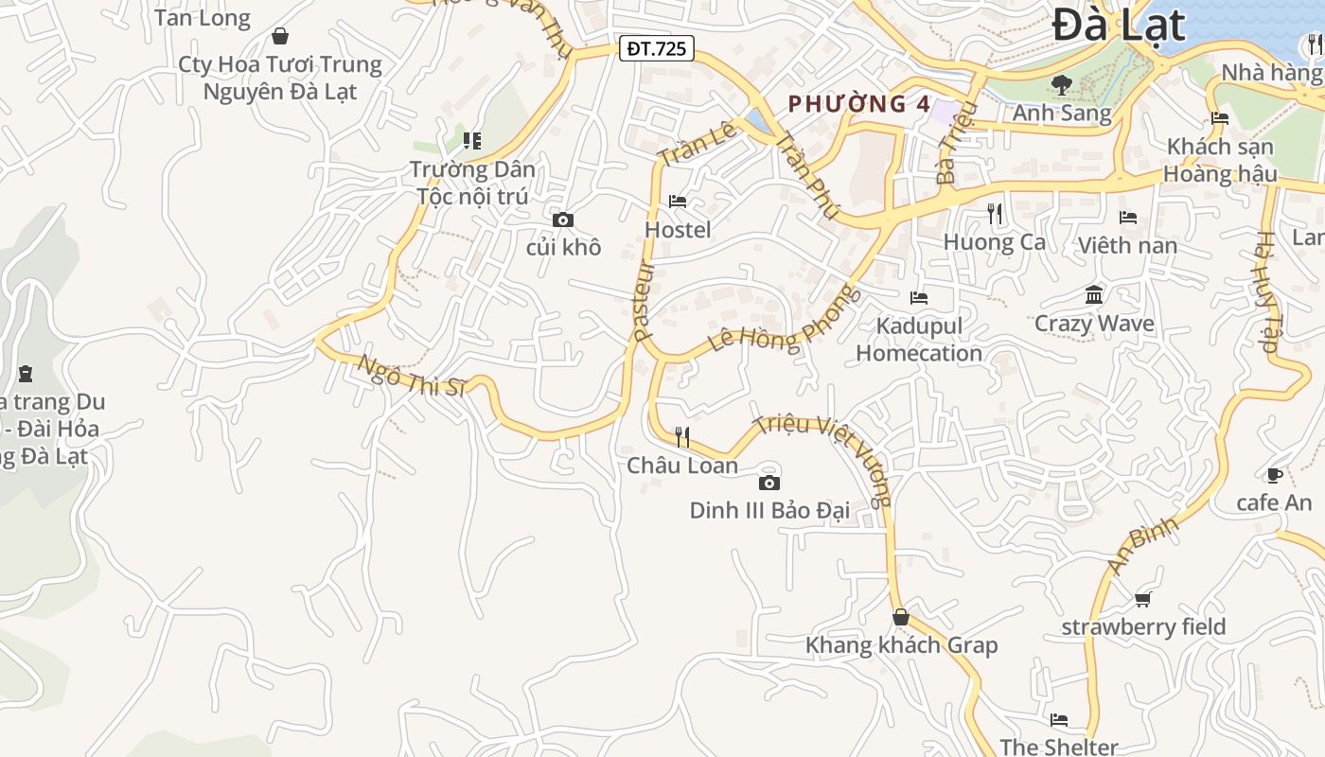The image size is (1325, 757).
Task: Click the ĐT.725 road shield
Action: [657, 48]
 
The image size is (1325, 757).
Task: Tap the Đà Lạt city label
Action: [1118, 25]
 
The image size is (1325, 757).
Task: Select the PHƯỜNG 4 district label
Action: [859, 104]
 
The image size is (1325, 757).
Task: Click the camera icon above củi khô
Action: [563, 220]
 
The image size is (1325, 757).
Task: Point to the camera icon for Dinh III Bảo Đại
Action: [769, 483]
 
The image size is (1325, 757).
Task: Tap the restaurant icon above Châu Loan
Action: [682, 437]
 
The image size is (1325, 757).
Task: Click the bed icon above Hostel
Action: [678, 202]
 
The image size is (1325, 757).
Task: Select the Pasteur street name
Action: [644, 301]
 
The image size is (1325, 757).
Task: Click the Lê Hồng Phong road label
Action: [786, 322]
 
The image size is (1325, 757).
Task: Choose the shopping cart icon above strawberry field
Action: [1142, 599]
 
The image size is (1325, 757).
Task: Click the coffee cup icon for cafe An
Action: [1274, 475]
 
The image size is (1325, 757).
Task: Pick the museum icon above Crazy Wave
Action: [1094, 295]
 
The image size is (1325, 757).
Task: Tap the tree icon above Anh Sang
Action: [1062, 85]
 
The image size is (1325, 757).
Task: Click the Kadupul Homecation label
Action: [919, 340]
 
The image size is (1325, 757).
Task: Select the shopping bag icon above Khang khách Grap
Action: [901, 617]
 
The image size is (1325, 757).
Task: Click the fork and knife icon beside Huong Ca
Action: [995, 214]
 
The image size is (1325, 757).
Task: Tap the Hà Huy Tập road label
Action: [1268, 292]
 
